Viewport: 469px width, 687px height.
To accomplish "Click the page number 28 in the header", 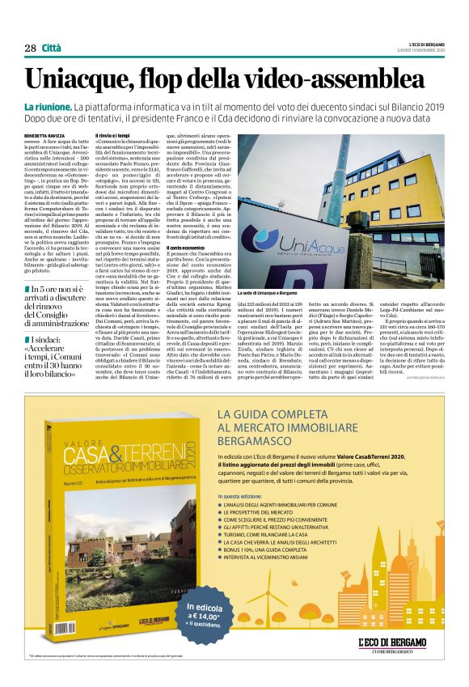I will (x=30, y=48).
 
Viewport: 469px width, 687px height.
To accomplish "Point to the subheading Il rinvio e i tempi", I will (x=112, y=134).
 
